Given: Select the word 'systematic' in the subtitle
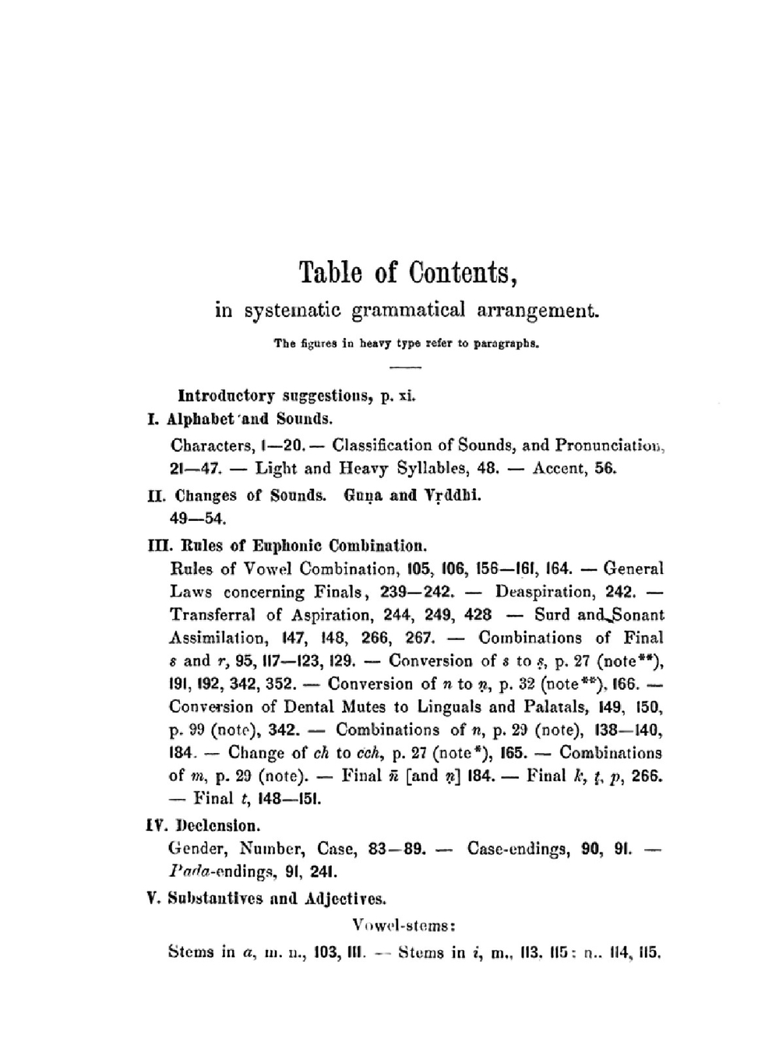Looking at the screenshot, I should coord(291,311).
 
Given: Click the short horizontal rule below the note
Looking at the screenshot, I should coord(405,367).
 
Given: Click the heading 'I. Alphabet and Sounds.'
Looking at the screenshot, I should coord(240,419).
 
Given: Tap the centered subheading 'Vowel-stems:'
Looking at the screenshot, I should coord(404,926).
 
